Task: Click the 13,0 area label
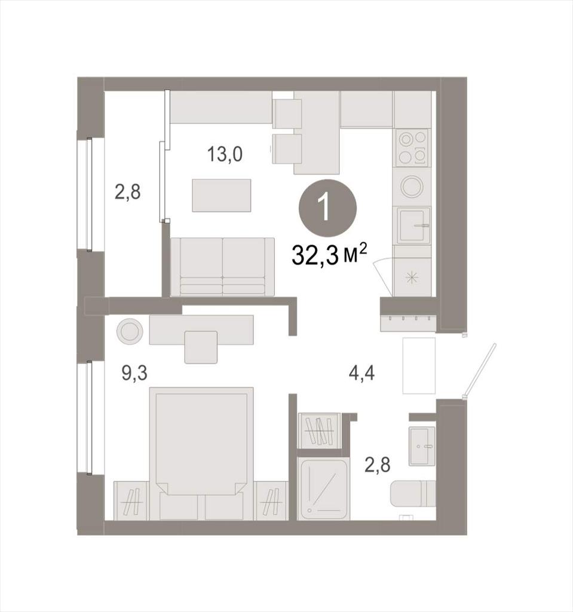(x=225, y=154)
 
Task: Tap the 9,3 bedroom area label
(x=134, y=373)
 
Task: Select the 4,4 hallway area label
(x=361, y=373)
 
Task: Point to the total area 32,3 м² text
(x=329, y=255)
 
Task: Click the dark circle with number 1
(x=327, y=208)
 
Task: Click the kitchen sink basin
(x=413, y=225)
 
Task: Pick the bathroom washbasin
(x=422, y=446)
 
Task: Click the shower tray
(x=324, y=489)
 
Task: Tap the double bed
(x=201, y=453)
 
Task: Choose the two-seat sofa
(x=222, y=267)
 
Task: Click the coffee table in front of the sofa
(x=221, y=195)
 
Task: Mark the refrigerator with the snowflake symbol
(x=412, y=276)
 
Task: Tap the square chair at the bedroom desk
(x=201, y=347)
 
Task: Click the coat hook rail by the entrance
(x=408, y=319)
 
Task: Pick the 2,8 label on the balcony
(x=127, y=192)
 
